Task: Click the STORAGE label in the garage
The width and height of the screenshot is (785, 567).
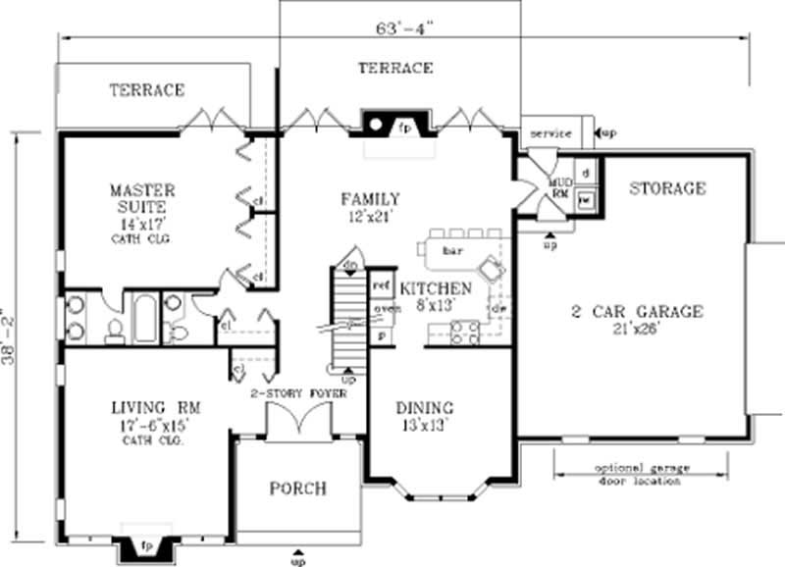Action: pyautogui.click(x=666, y=188)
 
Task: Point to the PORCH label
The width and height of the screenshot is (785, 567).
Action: pyautogui.click(x=298, y=489)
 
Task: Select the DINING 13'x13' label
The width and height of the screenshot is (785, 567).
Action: pyautogui.click(x=424, y=416)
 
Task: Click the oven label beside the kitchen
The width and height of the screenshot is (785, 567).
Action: pyautogui.click(x=381, y=311)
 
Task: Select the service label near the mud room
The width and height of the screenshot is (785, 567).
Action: pyautogui.click(x=550, y=131)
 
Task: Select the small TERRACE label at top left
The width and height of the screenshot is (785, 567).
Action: pyautogui.click(x=146, y=90)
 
